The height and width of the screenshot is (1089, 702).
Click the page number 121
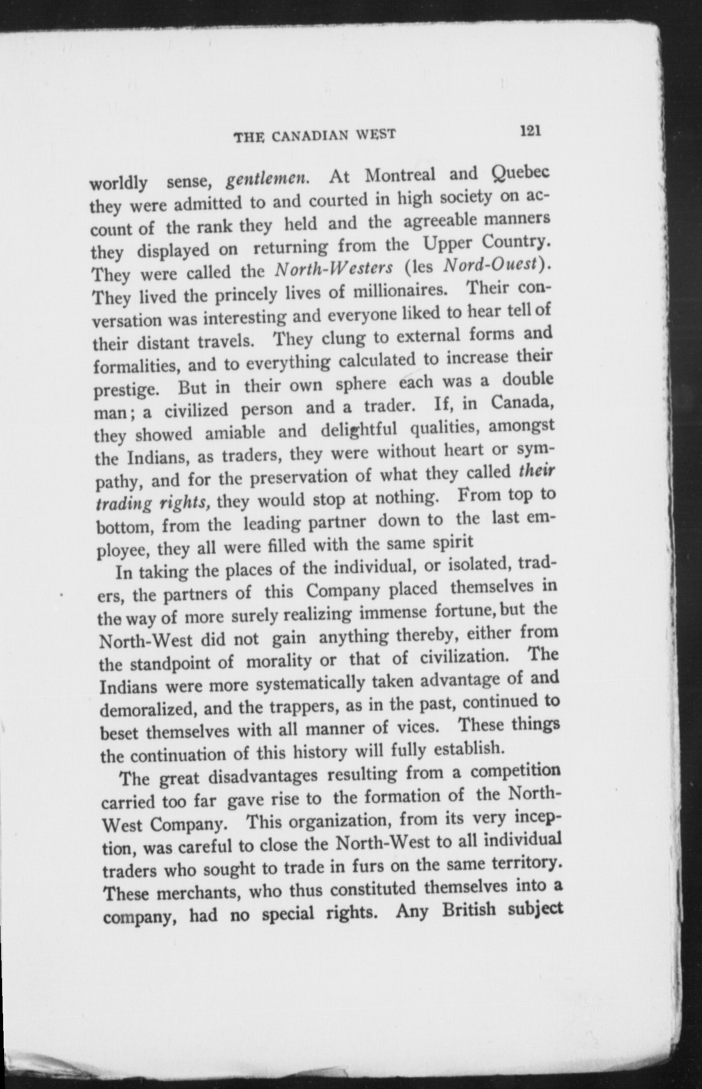coord(531,130)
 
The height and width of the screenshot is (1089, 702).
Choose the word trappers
coord(301,706)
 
